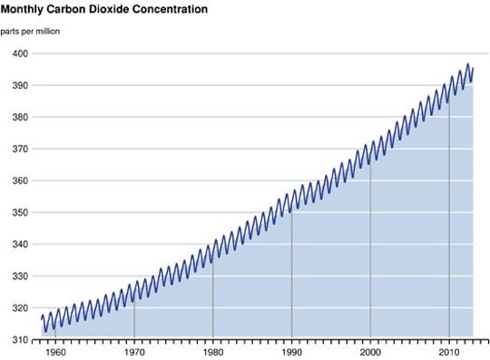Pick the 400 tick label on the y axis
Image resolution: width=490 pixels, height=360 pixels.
tap(19, 54)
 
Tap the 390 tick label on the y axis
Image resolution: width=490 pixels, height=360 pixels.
tap(19, 85)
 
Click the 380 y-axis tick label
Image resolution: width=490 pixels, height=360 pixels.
tap(19, 117)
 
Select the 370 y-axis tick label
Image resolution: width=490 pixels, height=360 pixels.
tap(19, 149)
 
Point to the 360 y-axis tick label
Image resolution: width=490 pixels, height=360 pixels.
tap(19, 180)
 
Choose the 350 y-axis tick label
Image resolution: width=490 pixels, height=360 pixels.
tap(19, 213)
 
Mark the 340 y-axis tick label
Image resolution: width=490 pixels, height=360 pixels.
tap(19, 245)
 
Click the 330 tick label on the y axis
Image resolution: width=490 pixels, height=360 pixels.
tap(19, 277)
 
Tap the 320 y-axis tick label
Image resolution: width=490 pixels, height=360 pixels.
tap(19, 308)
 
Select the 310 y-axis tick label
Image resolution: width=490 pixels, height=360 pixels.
tap(19, 340)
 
